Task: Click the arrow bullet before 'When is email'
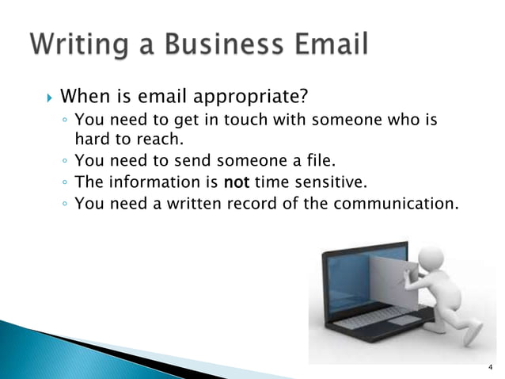(48, 98)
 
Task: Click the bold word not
(237, 182)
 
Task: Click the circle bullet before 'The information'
(64, 182)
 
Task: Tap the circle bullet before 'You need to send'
(64, 162)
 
